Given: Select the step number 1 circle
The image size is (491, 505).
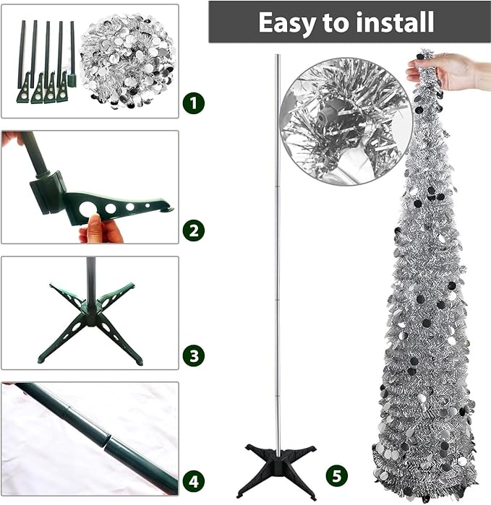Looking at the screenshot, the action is point(193,103).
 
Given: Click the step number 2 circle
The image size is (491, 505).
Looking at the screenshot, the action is point(193,230).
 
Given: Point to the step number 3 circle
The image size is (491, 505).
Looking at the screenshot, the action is point(193,356).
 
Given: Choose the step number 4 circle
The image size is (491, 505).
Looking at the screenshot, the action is point(193,482).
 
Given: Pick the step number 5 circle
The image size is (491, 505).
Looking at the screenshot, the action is point(336,475).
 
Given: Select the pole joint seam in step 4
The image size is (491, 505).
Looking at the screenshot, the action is point(107,442).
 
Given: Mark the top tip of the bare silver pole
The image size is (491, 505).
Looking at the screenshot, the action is point(277,55).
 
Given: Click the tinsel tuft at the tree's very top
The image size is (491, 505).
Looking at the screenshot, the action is point(426,55).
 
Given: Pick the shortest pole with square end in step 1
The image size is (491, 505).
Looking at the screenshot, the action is point(72,54).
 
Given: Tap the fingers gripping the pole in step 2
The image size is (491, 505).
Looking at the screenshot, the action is point(13,139).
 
